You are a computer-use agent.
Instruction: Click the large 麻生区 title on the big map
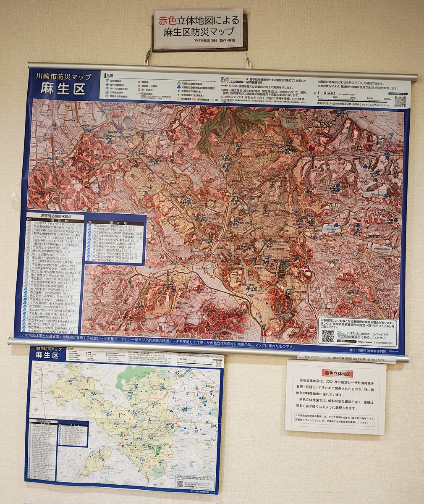click(x=63, y=89)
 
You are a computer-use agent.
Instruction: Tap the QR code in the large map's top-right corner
click(x=400, y=102)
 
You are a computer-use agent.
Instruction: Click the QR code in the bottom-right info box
click(x=328, y=336)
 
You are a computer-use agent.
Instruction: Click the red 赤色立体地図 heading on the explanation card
click(x=336, y=373)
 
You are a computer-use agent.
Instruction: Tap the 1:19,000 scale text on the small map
click(x=183, y=359)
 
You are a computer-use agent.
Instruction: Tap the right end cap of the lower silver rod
click(x=406, y=359)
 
